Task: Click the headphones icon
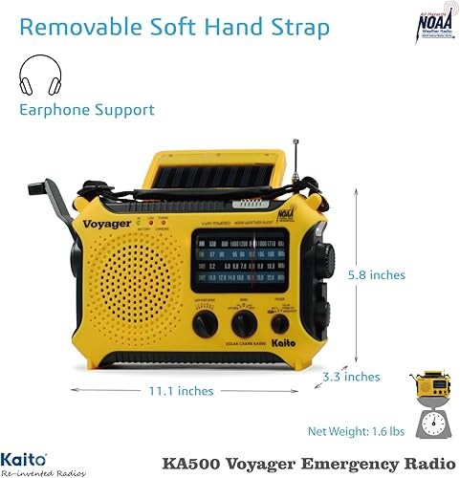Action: click(x=39, y=75)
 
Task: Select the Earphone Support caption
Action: click(x=87, y=109)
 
